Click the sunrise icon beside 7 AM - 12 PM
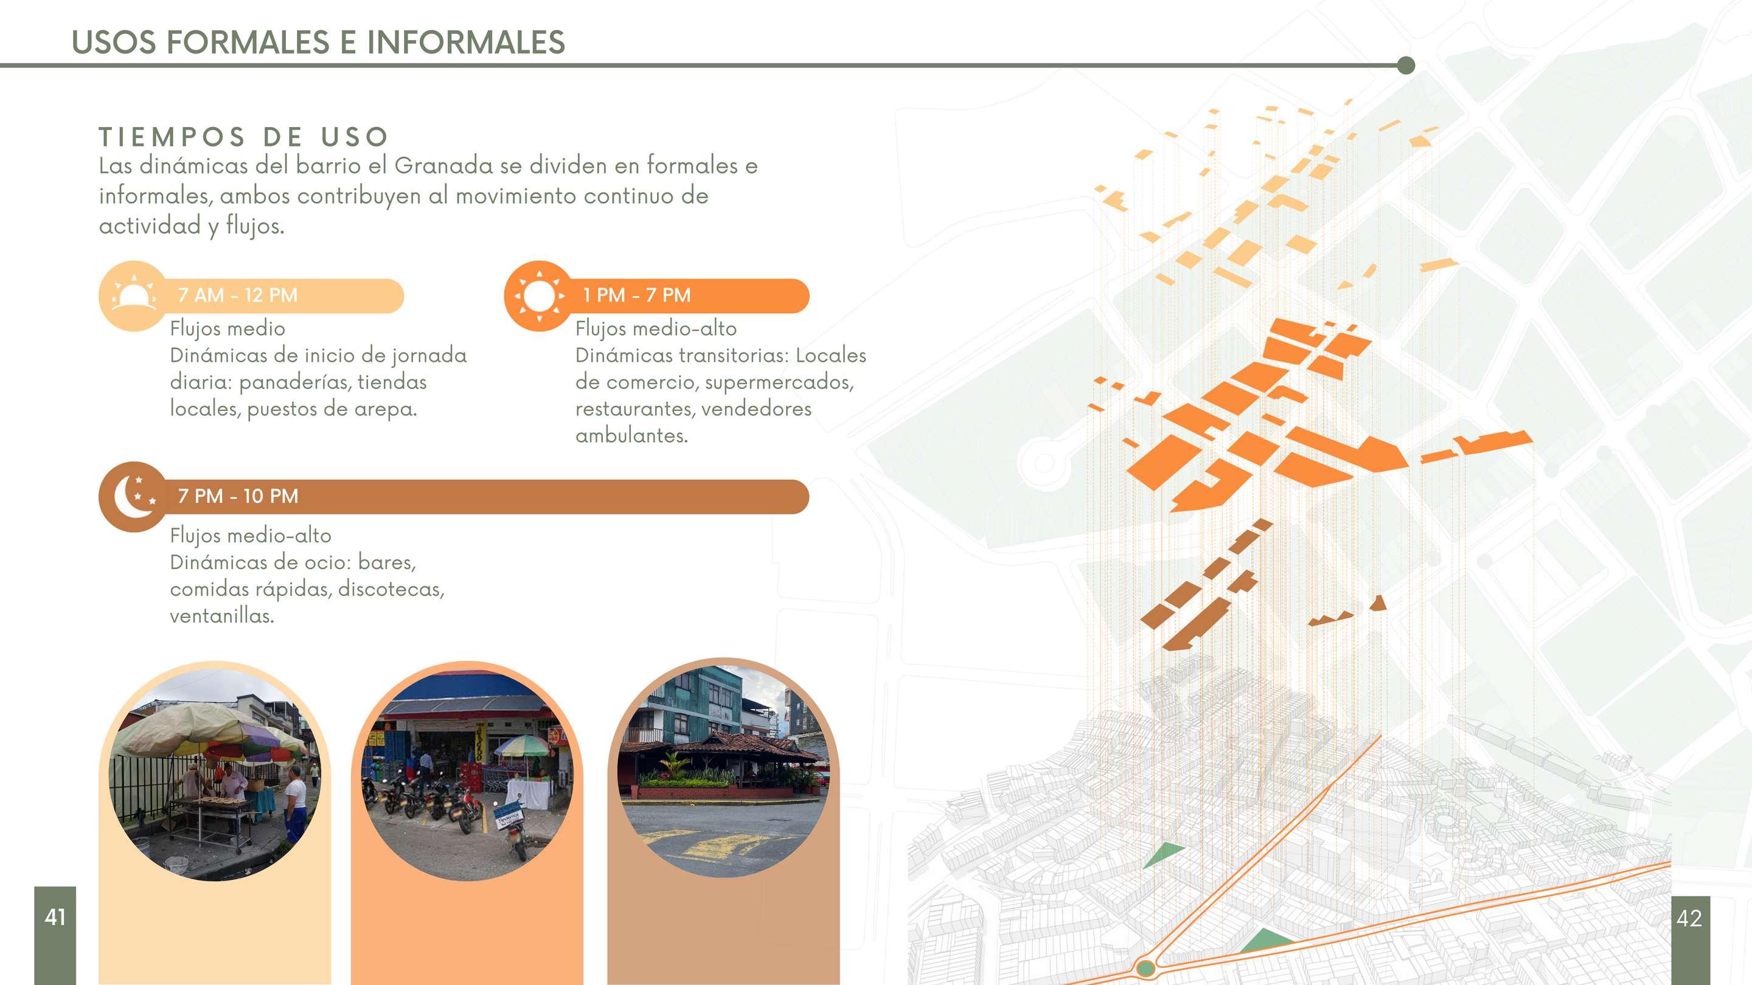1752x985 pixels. pos(133,295)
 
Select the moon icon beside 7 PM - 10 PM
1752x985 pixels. pos(133,496)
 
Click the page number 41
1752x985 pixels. pos(55,917)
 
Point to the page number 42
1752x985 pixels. pos(1689,918)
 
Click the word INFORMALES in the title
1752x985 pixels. pos(466,42)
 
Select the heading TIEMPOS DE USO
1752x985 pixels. pos(244,137)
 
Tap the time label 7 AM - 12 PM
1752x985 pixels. pos(237,295)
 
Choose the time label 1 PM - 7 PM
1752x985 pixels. pos(636,295)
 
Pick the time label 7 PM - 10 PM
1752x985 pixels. pos(237,496)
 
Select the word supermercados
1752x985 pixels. pos(779,382)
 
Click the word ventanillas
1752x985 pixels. pos(221,616)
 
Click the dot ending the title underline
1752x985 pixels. pos(1406,65)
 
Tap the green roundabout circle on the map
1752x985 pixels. pos(1145,967)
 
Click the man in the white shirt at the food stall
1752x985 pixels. pos(295,802)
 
